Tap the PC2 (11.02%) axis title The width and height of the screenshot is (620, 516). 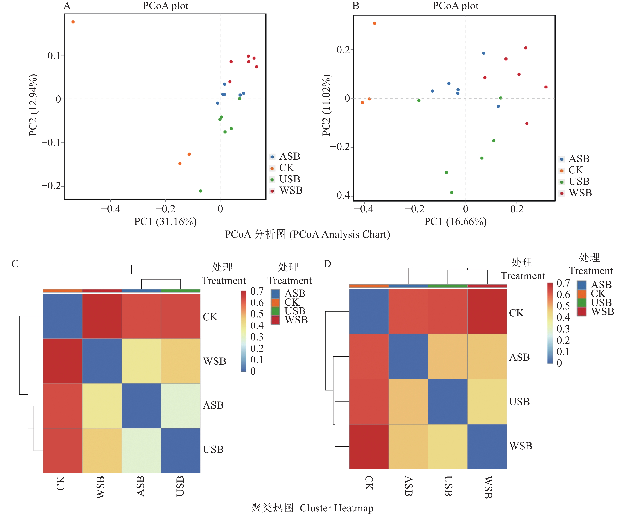pos(326,105)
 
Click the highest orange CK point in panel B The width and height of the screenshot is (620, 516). pos(374,23)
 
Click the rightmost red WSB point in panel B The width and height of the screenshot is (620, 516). pos(546,87)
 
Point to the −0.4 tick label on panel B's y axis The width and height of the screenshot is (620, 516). pos(340,195)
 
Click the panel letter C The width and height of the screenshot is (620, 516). pos(15,264)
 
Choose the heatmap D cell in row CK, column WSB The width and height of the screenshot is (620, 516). pos(487,311)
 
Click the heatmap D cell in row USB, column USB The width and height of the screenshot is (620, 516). pos(448,402)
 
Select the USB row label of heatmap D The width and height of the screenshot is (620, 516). pos(519,402)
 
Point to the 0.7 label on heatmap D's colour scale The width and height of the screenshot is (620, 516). pos(563,283)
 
